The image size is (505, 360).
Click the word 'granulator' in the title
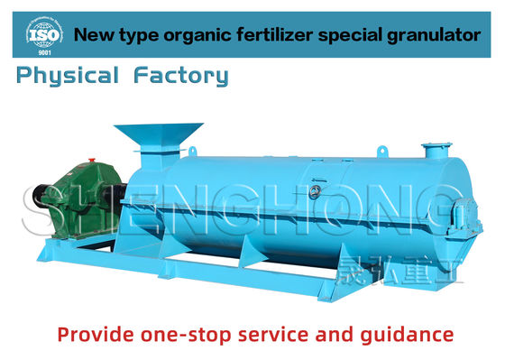coord(432,36)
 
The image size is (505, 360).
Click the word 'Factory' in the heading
coord(180,76)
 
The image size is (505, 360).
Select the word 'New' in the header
coord(91,36)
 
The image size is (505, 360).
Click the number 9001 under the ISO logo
coord(42,52)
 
